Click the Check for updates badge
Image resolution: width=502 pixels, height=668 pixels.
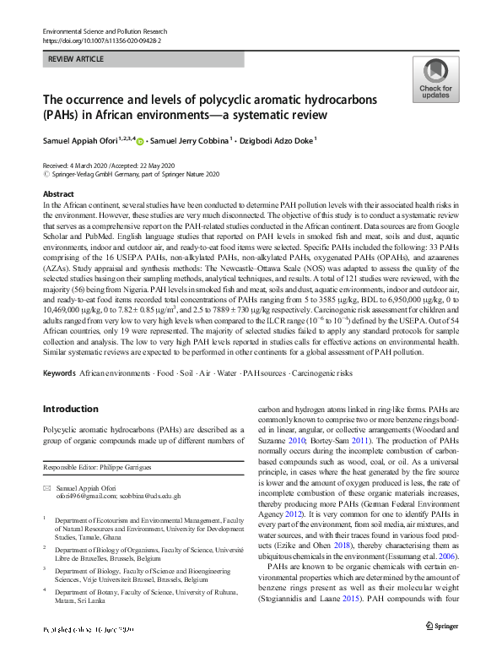(x=435, y=80)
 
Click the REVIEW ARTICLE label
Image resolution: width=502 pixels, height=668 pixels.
(x=78, y=59)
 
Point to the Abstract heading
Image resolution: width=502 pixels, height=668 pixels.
(x=58, y=194)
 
